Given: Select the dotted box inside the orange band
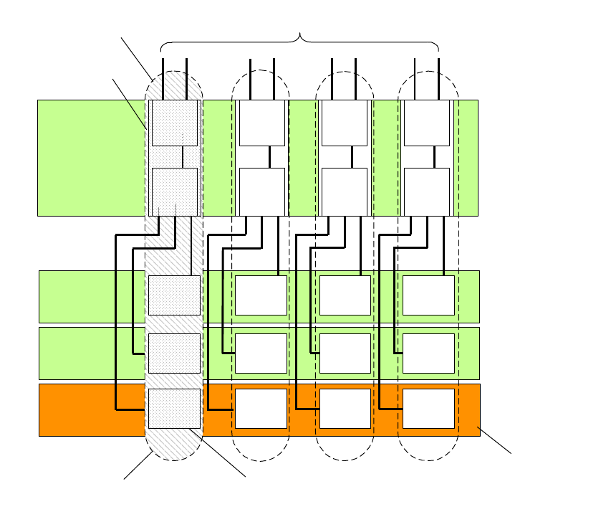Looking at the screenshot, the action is pyautogui.click(x=174, y=409).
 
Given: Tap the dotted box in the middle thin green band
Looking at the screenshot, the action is pyautogui.click(x=174, y=353).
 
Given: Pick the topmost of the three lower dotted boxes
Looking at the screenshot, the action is pyautogui.click(x=174, y=295).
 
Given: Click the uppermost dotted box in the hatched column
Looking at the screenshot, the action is pyautogui.click(x=174, y=123).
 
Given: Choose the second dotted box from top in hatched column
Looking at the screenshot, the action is pyautogui.click(x=174, y=191).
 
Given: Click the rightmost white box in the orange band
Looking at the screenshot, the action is pyautogui.click(x=428, y=409).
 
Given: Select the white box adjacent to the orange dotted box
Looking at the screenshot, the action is pyautogui.click(x=261, y=409).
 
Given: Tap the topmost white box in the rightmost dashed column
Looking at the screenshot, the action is pyautogui.click(x=427, y=123).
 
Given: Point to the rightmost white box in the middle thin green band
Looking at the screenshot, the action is pyautogui.click(x=428, y=353).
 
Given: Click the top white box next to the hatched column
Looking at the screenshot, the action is pyautogui.click(x=261, y=123).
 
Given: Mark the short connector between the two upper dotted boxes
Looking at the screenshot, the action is pyautogui.click(x=183, y=156).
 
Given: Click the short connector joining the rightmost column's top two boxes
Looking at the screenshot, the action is pyautogui.click(x=434, y=156).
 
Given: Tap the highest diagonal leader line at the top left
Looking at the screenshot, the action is pyautogui.click(x=136, y=57).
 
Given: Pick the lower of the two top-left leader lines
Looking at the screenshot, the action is pyautogui.click(x=130, y=103).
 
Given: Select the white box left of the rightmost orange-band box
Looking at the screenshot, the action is pyautogui.click(x=345, y=409).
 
